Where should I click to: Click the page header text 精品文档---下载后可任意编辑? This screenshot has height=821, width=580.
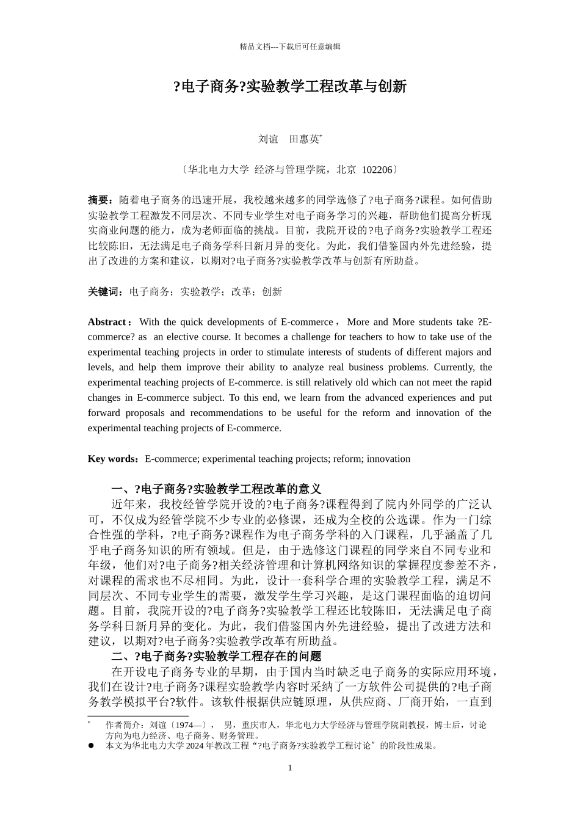[290, 46]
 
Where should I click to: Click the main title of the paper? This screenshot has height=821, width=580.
[290, 87]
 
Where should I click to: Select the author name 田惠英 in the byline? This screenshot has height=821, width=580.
[303, 139]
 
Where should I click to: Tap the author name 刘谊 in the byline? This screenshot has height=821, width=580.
[268, 139]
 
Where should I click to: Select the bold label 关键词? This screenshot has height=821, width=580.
[104, 292]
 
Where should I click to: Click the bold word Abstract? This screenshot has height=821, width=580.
[107, 322]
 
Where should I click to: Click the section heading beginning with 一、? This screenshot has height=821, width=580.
[216, 489]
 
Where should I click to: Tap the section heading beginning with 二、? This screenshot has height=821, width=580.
[216, 657]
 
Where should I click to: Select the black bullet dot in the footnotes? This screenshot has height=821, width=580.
[91, 745]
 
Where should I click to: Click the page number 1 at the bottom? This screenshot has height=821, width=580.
[290, 768]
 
